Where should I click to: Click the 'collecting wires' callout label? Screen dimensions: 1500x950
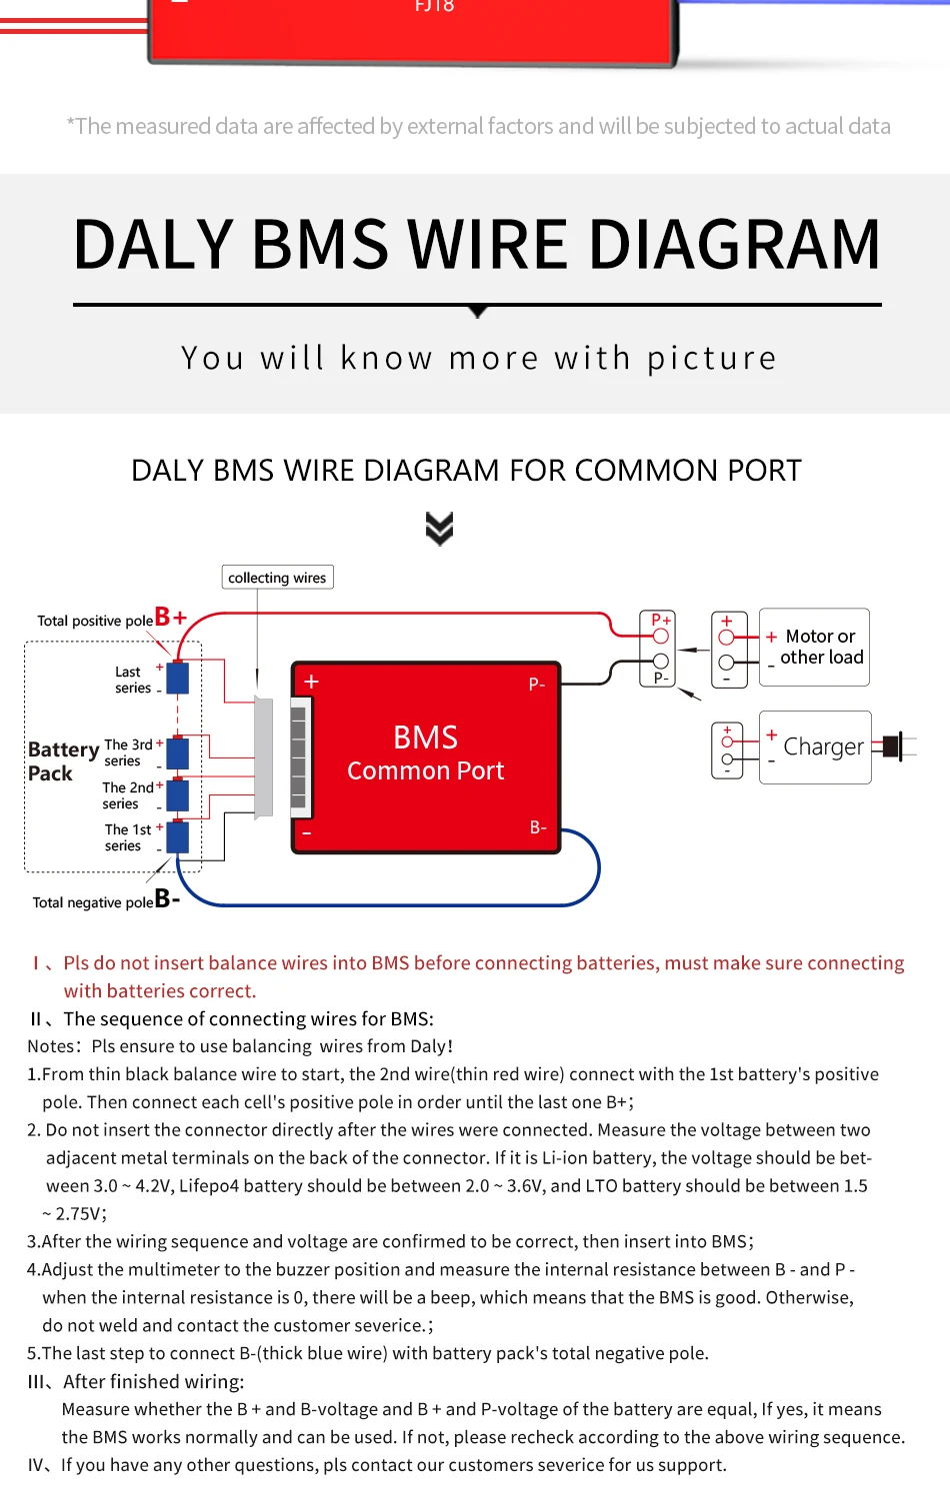pyautogui.click(x=277, y=578)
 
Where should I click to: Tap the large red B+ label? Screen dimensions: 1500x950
pyautogui.click(x=171, y=618)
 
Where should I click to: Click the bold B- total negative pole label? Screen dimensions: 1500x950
pyautogui.click(x=167, y=898)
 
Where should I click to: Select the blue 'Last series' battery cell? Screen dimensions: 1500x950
pyautogui.click(x=178, y=678)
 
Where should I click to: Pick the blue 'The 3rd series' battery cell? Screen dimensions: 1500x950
pyautogui.click(x=178, y=752)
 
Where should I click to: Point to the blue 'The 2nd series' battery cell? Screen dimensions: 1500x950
pyautogui.click(x=178, y=795)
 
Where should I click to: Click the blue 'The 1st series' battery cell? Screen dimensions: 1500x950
pyautogui.click(x=178, y=836)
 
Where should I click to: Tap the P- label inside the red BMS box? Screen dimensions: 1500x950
pyautogui.click(x=537, y=685)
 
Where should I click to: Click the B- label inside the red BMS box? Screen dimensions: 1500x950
pyautogui.click(x=538, y=827)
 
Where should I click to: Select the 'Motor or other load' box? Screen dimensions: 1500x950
pyautogui.click(x=814, y=647)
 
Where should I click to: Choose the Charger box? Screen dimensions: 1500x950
pyautogui.click(x=815, y=747)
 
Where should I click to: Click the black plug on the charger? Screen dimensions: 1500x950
pyautogui.click(x=893, y=746)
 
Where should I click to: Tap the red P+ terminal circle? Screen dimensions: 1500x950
pyautogui.click(x=660, y=636)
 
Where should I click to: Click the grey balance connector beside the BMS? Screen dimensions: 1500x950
pyautogui.click(x=264, y=756)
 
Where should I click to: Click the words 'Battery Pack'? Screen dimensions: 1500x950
pyautogui.click(x=62, y=760)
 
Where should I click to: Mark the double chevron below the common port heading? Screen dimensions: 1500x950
pyautogui.click(x=439, y=528)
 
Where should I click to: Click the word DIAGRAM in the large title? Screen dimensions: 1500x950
pyautogui.click(x=734, y=245)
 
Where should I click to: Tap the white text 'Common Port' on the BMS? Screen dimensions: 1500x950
pyautogui.click(x=425, y=770)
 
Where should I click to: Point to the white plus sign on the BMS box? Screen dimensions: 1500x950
pyautogui.click(x=312, y=682)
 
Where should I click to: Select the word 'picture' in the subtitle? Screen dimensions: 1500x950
pyautogui.click(x=711, y=358)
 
